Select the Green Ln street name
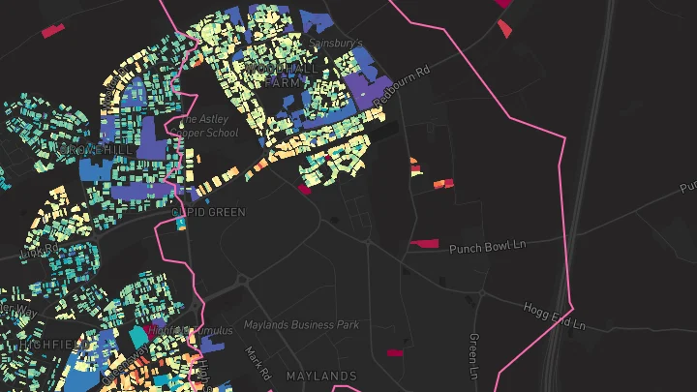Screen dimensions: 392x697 coord(473,355)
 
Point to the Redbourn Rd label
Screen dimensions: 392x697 coord(400,86)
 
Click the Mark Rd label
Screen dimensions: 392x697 coord(258,361)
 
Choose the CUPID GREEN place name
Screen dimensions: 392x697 coord(208,211)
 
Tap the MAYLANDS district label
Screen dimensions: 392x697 coord(321,376)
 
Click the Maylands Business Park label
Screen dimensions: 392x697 coord(301,325)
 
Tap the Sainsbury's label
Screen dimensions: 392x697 coord(335,44)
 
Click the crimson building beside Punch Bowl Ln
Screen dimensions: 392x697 coord(424,243)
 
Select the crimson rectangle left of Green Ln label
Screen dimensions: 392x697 coord(394,353)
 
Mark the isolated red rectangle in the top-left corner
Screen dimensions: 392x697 coord(53,31)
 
